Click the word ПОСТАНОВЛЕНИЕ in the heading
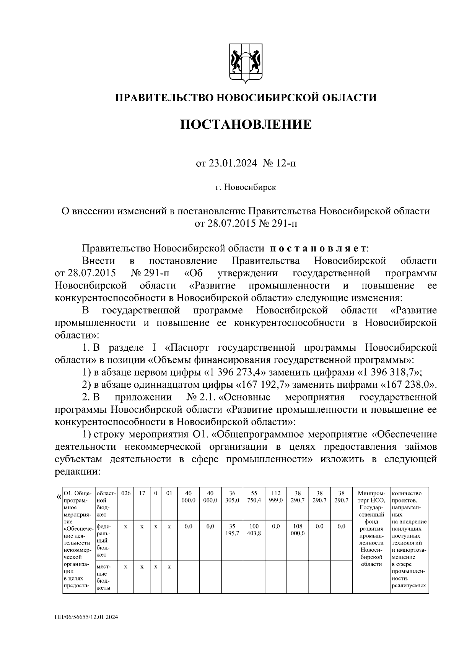[x=246, y=124]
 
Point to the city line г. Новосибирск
[x=246, y=187]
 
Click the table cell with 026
[x=126, y=493]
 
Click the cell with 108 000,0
[x=298, y=530]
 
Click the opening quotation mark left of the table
[x=59, y=497]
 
